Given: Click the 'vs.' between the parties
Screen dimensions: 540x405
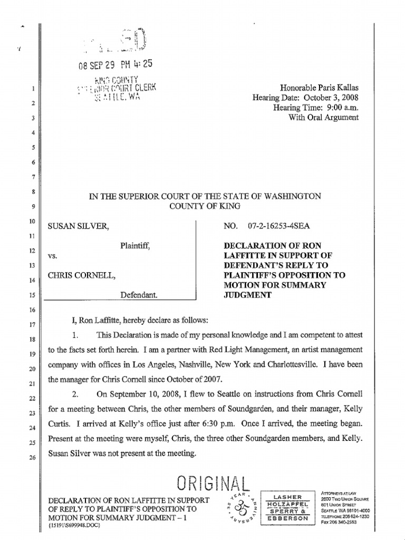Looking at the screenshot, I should [52, 255].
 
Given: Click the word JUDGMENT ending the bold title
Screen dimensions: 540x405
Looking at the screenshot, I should [247, 295].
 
